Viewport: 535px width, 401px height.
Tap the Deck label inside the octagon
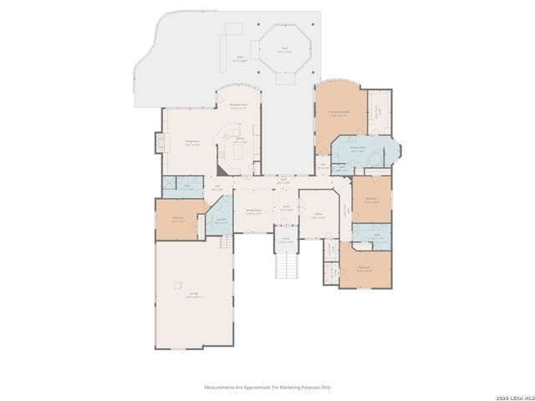286,50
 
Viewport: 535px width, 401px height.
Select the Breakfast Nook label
238,106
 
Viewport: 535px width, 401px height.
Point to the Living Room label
191,143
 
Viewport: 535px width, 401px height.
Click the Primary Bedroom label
339,114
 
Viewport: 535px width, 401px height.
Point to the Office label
318,216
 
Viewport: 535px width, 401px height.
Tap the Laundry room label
222,221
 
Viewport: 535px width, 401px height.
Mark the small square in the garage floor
177,286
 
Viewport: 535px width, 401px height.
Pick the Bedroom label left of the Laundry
178,219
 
